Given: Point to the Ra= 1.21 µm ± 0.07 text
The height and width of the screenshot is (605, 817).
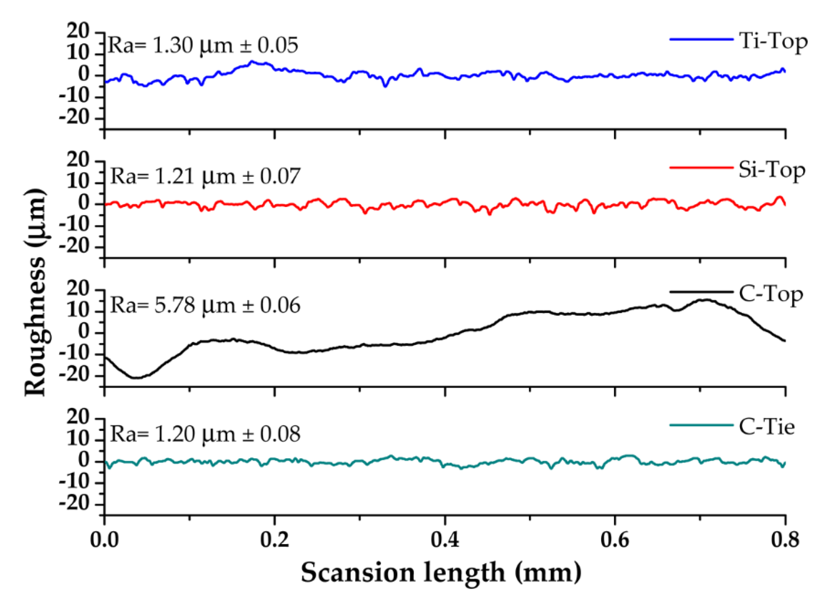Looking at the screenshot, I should (205, 176).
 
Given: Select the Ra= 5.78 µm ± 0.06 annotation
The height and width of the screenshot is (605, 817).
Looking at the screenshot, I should (205, 305).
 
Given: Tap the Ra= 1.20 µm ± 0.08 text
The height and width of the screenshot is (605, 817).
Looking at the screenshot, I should (205, 434).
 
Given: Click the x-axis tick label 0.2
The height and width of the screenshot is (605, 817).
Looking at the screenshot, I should (274, 540).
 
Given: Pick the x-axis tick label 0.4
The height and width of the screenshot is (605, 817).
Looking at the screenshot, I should (445, 540).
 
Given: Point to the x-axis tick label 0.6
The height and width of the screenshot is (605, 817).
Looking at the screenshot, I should (615, 540).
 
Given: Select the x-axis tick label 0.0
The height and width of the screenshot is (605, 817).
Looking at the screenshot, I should (105, 540).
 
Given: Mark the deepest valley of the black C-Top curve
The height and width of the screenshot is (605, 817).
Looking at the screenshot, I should (135, 377).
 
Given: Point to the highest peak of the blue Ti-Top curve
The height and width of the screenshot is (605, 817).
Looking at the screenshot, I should (252, 62).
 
